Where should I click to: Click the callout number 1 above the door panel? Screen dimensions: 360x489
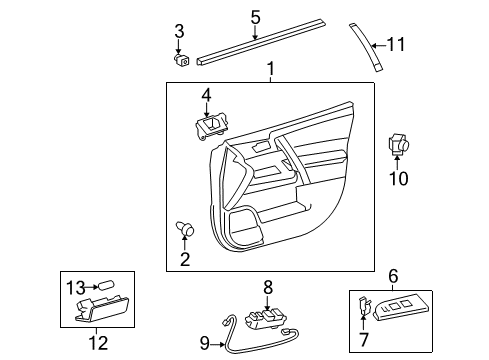[269, 70]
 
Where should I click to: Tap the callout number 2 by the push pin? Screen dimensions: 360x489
[184, 261]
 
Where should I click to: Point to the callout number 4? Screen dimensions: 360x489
[206, 95]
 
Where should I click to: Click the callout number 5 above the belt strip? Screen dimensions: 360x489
[255, 17]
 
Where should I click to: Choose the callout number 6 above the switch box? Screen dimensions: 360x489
[393, 274]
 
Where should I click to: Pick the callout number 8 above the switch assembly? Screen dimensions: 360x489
[268, 286]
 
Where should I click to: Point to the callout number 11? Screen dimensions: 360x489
[400, 45]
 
